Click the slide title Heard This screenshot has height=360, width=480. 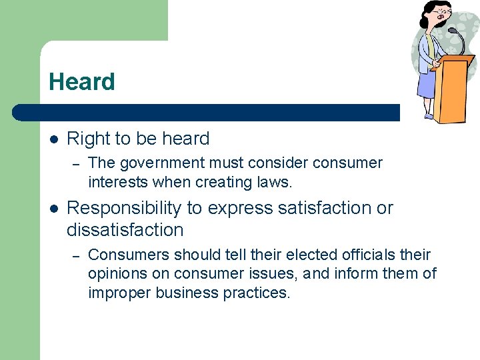(x=81, y=82)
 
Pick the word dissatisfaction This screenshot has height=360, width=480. (x=125, y=230)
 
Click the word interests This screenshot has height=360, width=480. (x=117, y=182)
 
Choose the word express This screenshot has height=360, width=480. (x=237, y=209)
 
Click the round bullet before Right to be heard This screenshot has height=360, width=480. (x=54, y=139)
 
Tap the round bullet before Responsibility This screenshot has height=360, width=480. (x=54, y=209)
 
